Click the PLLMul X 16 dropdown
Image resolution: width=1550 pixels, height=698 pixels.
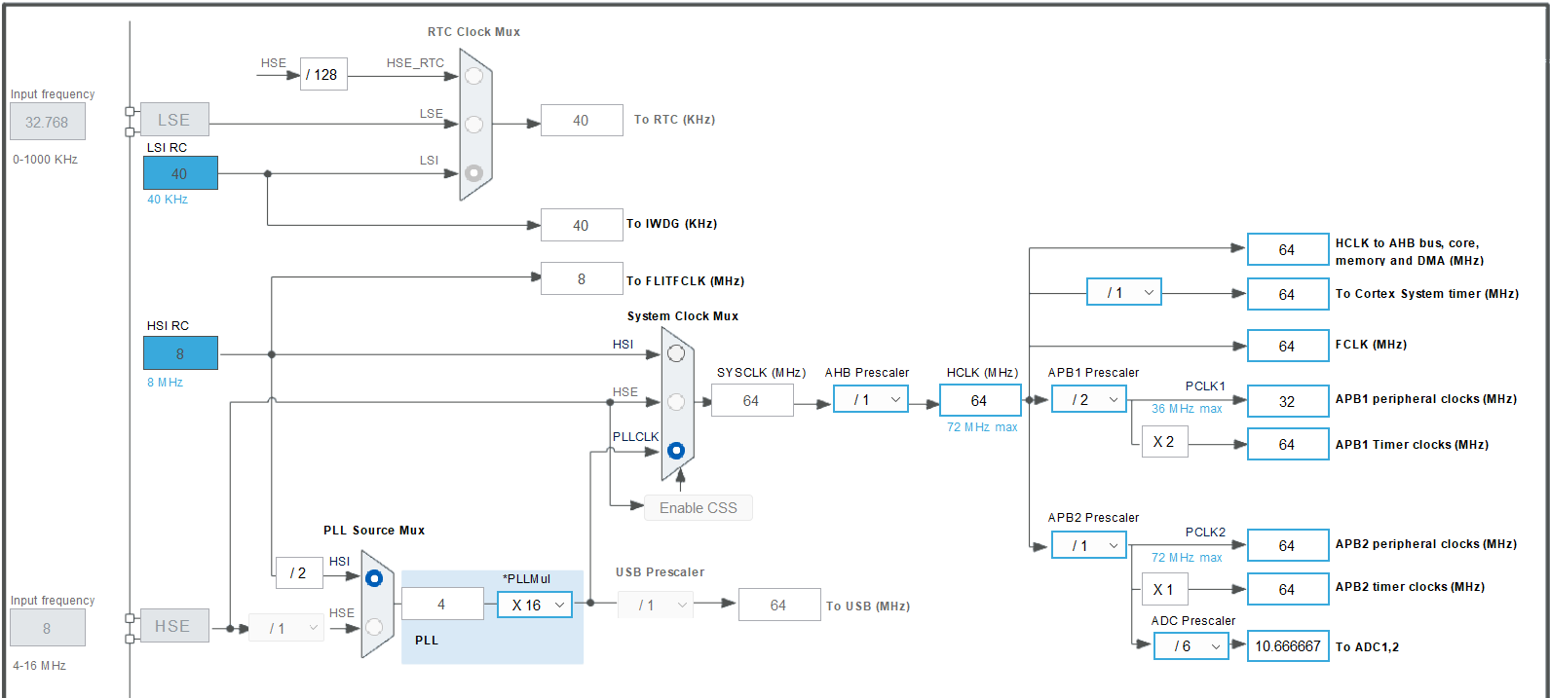pos(534,605)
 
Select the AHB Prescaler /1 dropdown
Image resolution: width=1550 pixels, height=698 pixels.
pos(870,399)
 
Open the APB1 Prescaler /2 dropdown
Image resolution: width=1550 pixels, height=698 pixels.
pos(1088,399)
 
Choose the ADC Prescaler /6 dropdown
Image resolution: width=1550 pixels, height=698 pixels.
pos(1191,646)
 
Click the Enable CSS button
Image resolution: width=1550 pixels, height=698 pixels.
pos(698,508)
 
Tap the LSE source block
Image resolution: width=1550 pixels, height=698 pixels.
pos(173,120)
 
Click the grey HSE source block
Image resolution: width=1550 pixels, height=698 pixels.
pos(172,626)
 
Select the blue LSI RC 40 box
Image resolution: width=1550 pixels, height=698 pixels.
pos(180,173)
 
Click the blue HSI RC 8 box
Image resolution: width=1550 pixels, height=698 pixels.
pos(180,353)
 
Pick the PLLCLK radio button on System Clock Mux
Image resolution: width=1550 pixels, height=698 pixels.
pos(676,451)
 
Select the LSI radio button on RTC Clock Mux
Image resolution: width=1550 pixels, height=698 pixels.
pos(473,172)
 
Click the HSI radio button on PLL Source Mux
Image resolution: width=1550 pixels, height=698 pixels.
pos(374,578)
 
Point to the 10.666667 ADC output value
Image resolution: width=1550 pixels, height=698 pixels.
pos(1287,646)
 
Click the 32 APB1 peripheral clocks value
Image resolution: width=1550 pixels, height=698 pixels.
pos(1287,401)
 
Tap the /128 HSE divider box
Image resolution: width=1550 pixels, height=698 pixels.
pos(323,74)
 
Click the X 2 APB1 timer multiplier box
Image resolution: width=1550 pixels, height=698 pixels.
pos(1164,442)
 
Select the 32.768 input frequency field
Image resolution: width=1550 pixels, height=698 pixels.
pos(47,123)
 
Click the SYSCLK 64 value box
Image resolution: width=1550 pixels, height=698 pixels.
pos(751,400)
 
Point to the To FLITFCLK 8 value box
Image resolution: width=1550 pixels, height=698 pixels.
pos(582,279)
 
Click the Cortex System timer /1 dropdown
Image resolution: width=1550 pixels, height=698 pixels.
pos(1123,292)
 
